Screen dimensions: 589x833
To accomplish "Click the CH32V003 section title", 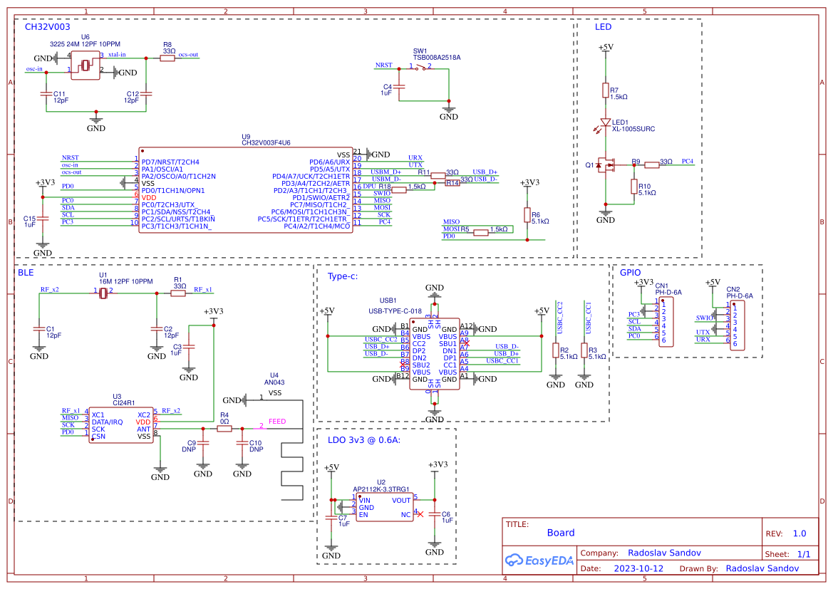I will pyautogui.click(x=47, y=26).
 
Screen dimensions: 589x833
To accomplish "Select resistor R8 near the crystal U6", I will pyautogui.click(x=167, y=58).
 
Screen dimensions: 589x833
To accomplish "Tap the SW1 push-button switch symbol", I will pyautogui.click(x=425, y=68).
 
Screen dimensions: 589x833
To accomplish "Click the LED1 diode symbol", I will pyautogui.click(x=606, y=123).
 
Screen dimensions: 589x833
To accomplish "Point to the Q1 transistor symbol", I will pyautogui.click(x=606, y=165).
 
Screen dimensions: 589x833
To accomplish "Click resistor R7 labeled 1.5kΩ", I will pyautogui.click(x=606, y=90).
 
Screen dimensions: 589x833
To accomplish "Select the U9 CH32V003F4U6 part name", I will pyautogui.click(x=266, y=142).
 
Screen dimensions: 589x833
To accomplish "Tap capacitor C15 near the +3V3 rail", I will pyautogui.click(x=43, y=219).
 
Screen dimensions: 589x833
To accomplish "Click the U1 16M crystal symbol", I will pyautogui.click(x=103, y=293).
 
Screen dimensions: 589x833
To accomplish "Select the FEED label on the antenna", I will pyautogui.click(x=277, y=422).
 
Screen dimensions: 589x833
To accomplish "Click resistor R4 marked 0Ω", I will pyautogui.click(x=224, y=429).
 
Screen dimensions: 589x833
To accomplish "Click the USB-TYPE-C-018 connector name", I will pyautogui.click(x=395, y=311).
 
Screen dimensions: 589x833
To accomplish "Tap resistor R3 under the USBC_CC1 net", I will pyautogui.click(x=584, y=350).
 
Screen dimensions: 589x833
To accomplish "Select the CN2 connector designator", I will pyautogui.click(x=733, y=289).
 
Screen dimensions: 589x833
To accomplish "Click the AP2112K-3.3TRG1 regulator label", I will pyautogui.click(x=381, y=489).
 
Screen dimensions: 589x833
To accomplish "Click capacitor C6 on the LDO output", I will pyautogui.click(x=435, y=517).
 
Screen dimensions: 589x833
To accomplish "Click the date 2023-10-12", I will pyautogui.click(x=638, y=568).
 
